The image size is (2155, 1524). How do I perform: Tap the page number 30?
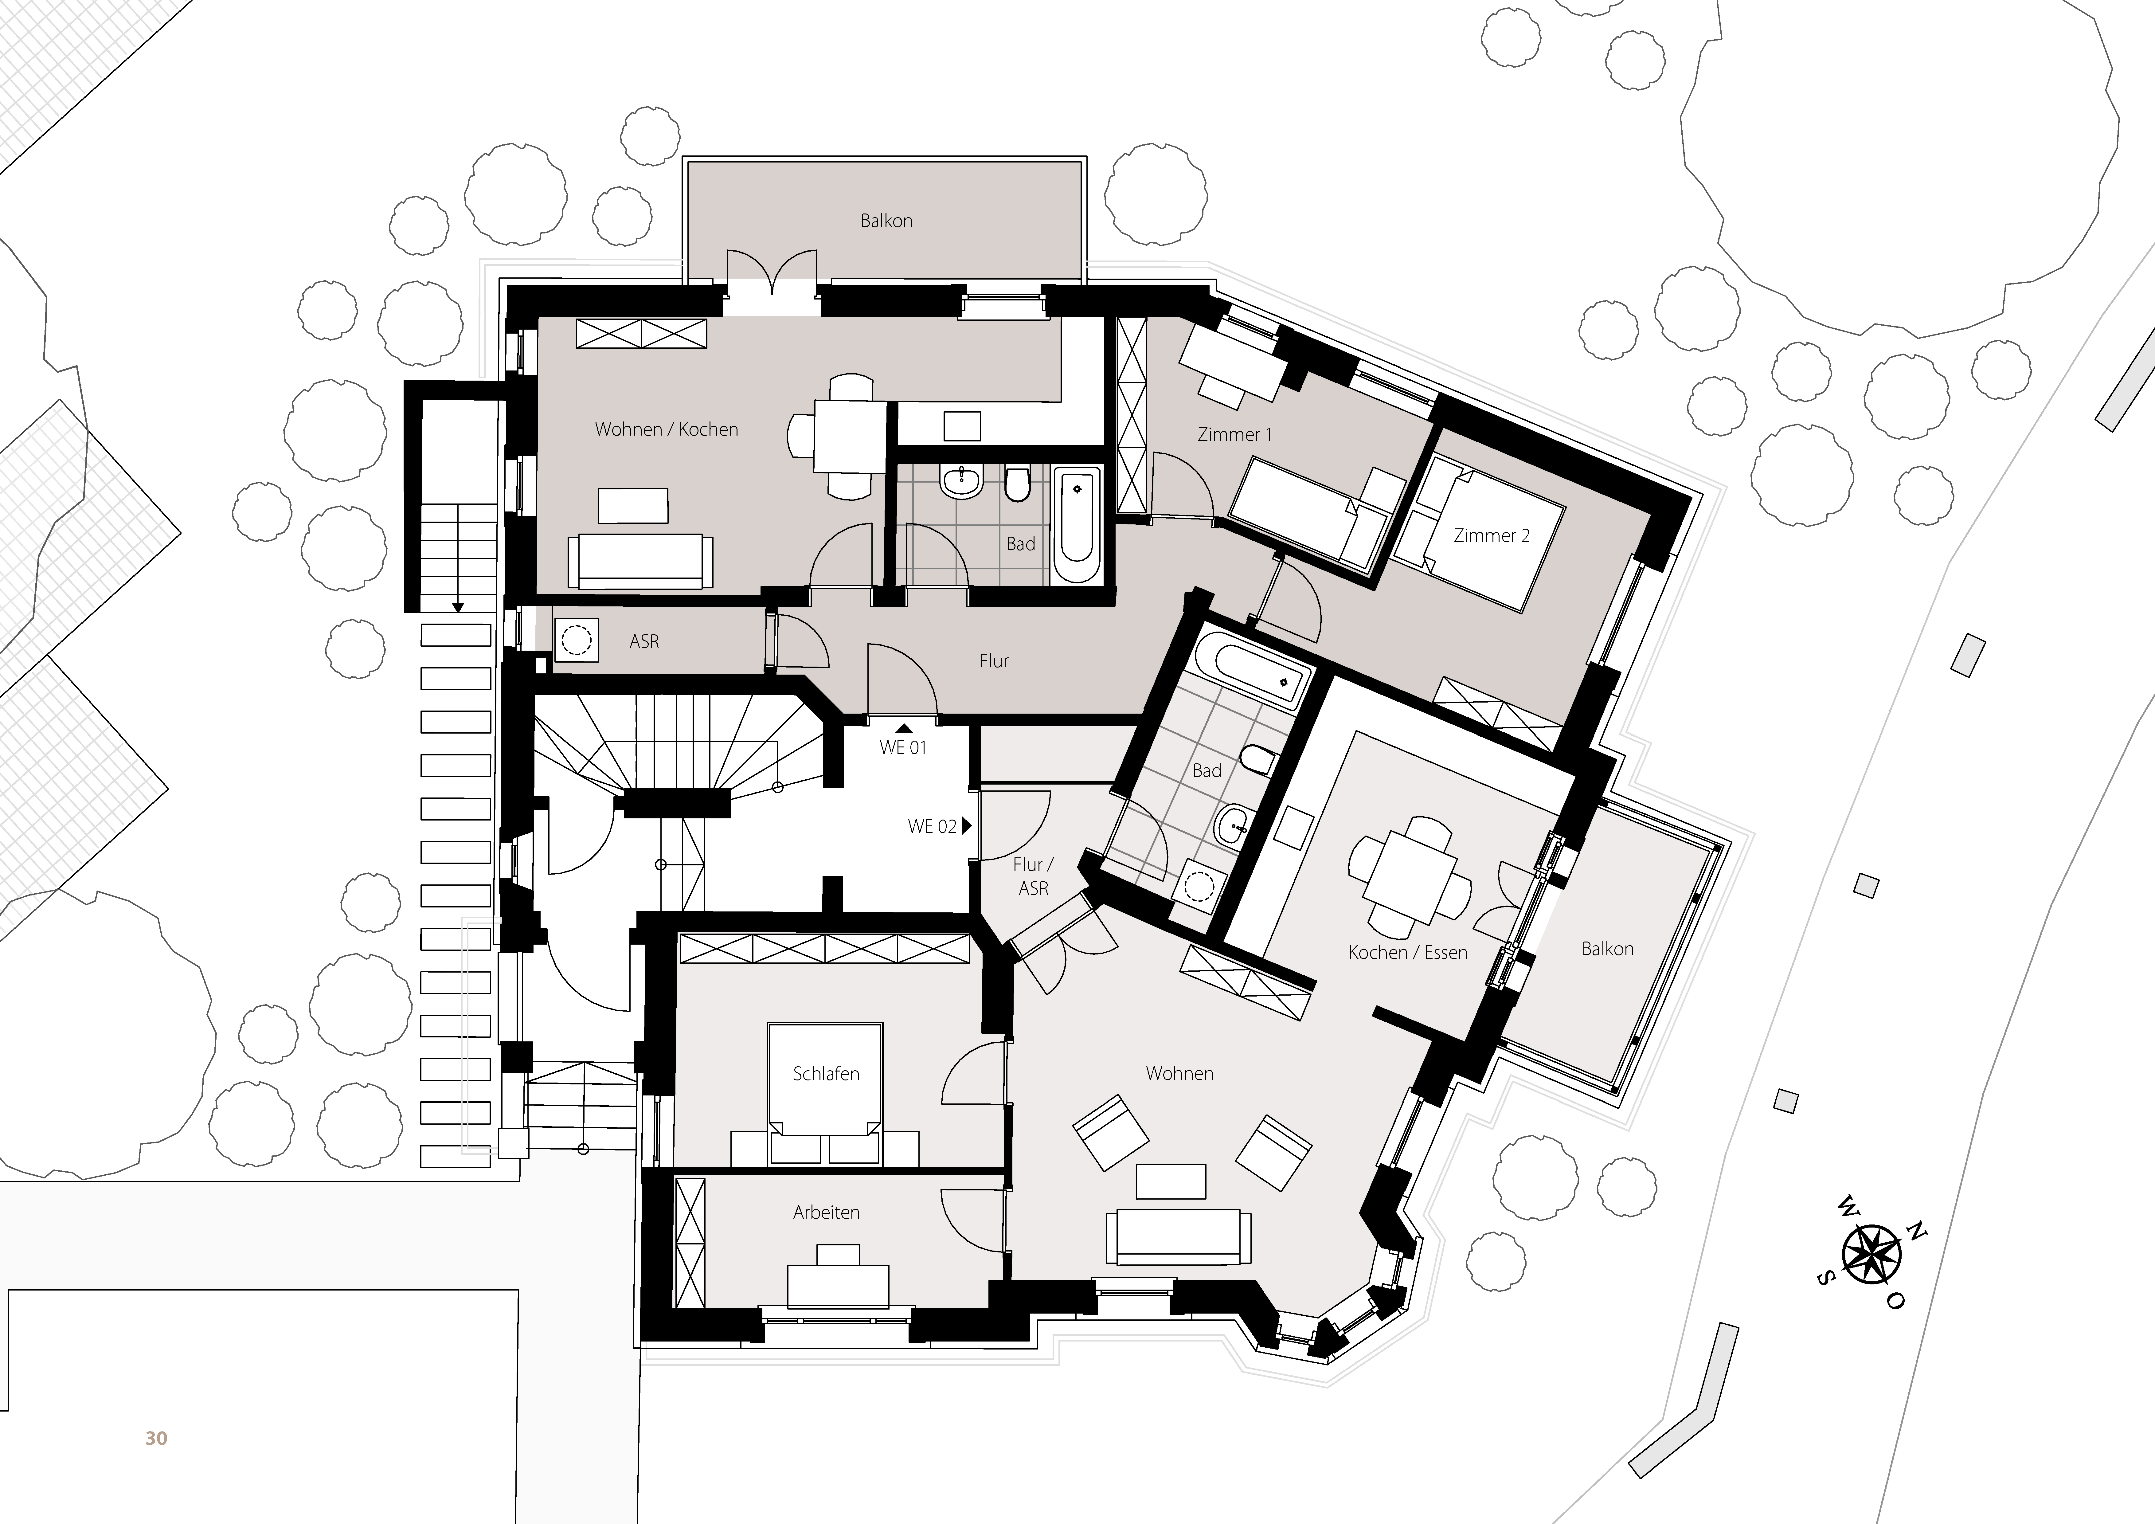(x=156, y=1438)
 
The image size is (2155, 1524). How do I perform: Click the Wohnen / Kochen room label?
(x=667, y=429)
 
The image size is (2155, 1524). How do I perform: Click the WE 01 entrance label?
(x=903, y=747)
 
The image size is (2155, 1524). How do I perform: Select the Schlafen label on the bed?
(x=826, y=1073)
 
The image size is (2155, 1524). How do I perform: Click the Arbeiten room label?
(x=826, y=1212)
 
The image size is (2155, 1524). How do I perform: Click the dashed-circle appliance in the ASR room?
(x=575, y=641)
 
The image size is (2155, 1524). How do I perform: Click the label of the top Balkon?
(x=886, y=221)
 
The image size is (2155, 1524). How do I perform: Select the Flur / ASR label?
(x=1033, y=876)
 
